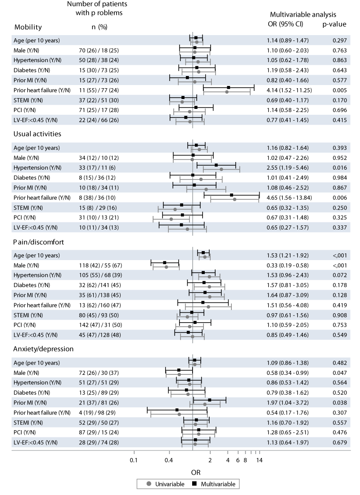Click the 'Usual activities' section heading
click(x=37, y=134)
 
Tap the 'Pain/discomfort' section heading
click(x=39, y=242)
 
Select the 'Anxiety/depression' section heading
click(x=43, y=349)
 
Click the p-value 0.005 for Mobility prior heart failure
click(x=339, y=90)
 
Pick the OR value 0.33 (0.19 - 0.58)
click(x=288, y=265)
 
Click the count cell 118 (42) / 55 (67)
click(x=100, y=265)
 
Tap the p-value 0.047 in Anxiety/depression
click(x=339, y=373)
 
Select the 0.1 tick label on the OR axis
click(x=134, y=460)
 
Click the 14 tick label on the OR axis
click(x=259, y=460)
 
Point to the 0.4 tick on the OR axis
click(x=169, y=460)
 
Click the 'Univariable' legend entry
click(x=166, y=484)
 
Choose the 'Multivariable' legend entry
click(x=214, y=484)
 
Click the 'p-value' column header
click(x=334, y=24)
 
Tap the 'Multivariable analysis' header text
click(x=303, y=14)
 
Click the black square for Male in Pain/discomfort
click(x=165, y=263)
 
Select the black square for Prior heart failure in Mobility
click(x=228, y=87)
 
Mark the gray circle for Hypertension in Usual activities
click(x=221, y=169)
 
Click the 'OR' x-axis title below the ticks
click(x=196, y=472)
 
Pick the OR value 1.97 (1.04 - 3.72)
click(x=288, y=402)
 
